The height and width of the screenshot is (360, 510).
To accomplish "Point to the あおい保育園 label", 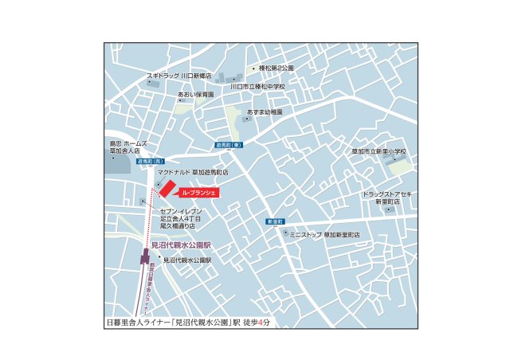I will coord(196,94).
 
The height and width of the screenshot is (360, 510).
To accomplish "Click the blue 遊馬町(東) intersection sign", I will coord(229,146).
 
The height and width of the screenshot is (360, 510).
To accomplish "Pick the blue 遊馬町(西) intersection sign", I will coord(127,161).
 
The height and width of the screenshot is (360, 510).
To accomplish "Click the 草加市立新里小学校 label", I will coord(379,151).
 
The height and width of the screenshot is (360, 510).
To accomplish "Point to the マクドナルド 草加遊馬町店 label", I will coord(193,171).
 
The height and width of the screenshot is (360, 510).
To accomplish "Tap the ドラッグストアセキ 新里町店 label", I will coord(388,198).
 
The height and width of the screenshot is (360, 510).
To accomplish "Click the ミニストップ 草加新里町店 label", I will coord(324,235).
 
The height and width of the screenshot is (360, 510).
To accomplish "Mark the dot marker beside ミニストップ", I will coord(286,233).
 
